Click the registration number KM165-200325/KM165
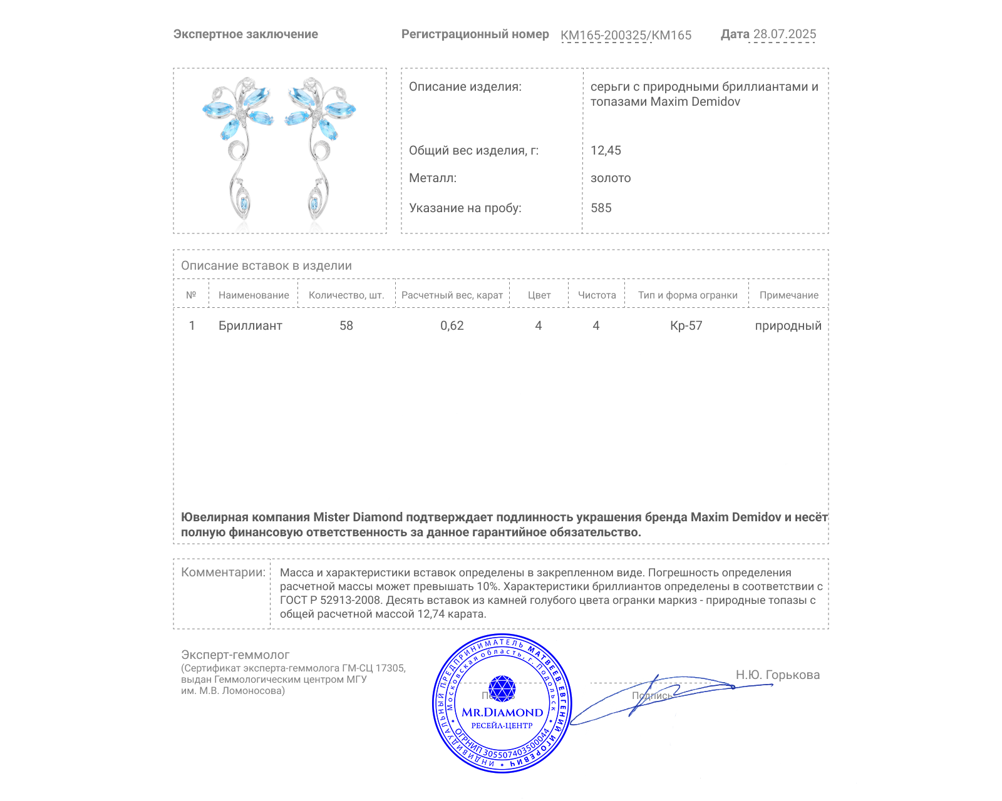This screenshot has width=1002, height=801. [626, 35]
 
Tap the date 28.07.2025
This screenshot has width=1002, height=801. [784, 34]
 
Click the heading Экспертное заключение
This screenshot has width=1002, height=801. [245, 34]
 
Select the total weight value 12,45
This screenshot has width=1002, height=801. [606, 150]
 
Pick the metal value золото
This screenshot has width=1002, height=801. [611, 178]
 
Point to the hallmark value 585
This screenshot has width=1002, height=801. [601, 208]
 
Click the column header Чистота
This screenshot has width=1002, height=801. [596, 295]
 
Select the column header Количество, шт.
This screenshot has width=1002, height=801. [346, 295]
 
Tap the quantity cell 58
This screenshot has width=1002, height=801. [346, 325]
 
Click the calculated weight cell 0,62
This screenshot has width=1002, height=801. [452, 325]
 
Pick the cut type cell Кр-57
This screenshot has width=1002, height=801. [686, 325]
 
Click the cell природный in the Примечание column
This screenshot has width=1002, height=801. [788, 325]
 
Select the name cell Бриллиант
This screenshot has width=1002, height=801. [250, 325]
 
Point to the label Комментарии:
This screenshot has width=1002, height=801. [223, 572]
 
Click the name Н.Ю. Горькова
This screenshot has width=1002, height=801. [777, 675]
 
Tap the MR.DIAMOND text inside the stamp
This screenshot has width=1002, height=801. [502, 712]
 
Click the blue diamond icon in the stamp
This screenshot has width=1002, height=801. [502, 688]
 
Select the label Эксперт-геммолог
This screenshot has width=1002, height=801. [235, 655]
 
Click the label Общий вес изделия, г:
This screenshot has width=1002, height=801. [473, 150]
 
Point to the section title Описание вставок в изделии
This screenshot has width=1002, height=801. [266, 265]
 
